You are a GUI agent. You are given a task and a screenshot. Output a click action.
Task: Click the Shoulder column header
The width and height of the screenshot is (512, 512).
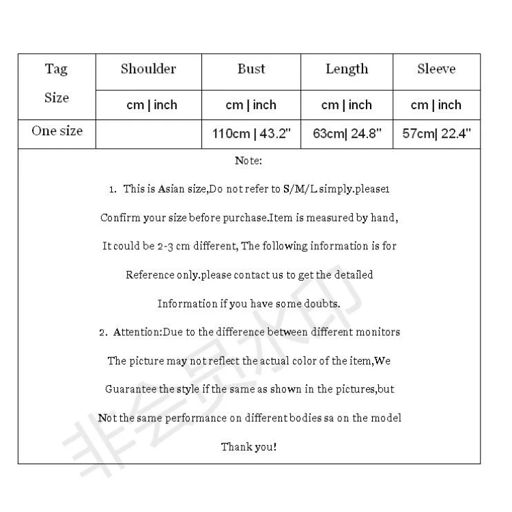(x=148, y=69)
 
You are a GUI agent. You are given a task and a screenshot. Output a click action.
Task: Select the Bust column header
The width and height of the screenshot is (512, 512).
(x=251, y=69)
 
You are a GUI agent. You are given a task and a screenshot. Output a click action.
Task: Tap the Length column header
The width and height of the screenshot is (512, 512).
(x=346, y=69)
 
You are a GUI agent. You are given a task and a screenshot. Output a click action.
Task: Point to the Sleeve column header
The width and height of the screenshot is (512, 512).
(x=436, y=69)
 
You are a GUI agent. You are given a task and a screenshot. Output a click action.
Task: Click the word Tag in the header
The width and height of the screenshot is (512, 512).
(x=57, y=69)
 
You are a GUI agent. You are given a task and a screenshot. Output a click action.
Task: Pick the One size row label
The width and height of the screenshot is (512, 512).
(x=57, y=131)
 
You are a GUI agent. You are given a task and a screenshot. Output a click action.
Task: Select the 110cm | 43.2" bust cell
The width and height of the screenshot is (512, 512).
(x=251, y=134)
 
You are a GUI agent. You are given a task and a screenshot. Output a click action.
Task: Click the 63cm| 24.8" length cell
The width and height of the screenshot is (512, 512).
(x=346, y=134)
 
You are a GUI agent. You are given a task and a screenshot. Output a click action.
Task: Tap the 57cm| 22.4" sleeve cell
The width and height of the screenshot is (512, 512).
(x=437, y=134)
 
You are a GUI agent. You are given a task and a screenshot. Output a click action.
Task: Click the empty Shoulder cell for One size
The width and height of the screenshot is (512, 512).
(x=149, y=134)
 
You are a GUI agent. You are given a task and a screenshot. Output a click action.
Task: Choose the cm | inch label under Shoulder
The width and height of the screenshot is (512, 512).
(x=152, y=105)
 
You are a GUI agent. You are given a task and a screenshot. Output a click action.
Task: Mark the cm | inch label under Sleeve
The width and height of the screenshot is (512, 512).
(x=436, y=105)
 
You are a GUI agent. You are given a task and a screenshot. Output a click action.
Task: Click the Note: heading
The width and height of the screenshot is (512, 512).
(x=248, y=161)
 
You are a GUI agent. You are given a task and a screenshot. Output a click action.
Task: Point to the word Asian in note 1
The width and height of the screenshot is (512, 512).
(x=171, y=189)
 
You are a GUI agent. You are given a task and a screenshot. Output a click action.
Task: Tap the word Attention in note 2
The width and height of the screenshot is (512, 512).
(x=136, y=332)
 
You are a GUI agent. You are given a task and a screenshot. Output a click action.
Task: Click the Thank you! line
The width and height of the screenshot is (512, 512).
(x=248, y=447)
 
